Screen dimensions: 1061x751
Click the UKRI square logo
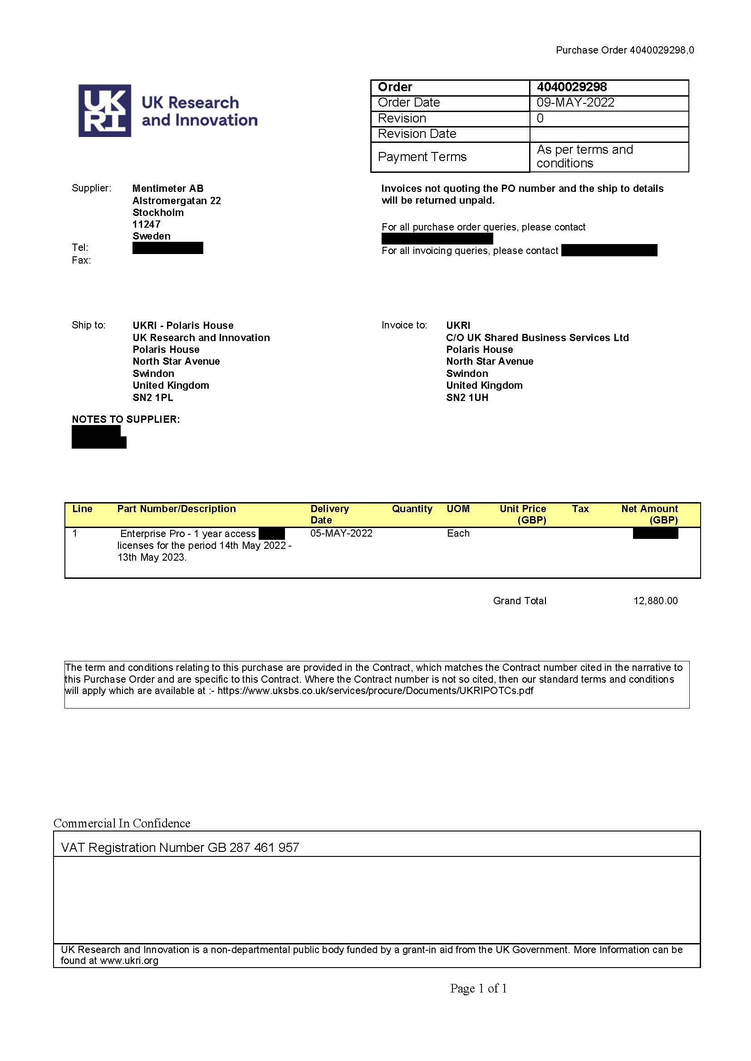[104, 111]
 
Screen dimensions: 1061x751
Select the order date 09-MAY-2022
[575, 103]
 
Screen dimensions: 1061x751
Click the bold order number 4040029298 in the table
[572, 87]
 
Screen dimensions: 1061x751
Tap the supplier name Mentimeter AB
[168, 188]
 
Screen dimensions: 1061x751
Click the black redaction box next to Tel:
[167, 248]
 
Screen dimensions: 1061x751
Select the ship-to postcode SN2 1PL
[152, 397]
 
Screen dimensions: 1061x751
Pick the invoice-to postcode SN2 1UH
[467, 397]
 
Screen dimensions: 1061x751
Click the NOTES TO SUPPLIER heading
[126, 419]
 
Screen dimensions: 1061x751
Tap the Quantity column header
[412, 508]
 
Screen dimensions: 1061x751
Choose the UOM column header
[458, 508]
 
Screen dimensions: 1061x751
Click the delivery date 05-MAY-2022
[341, 533]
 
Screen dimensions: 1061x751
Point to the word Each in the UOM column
[458, 533]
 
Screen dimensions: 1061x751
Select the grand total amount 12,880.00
[655, 601]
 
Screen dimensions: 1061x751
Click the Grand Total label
[519, 601]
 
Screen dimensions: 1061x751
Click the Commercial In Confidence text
[122, 823]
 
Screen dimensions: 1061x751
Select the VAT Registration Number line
[180, 847]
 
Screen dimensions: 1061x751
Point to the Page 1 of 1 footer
[478, 988]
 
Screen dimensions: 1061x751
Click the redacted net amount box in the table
[655, 533]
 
